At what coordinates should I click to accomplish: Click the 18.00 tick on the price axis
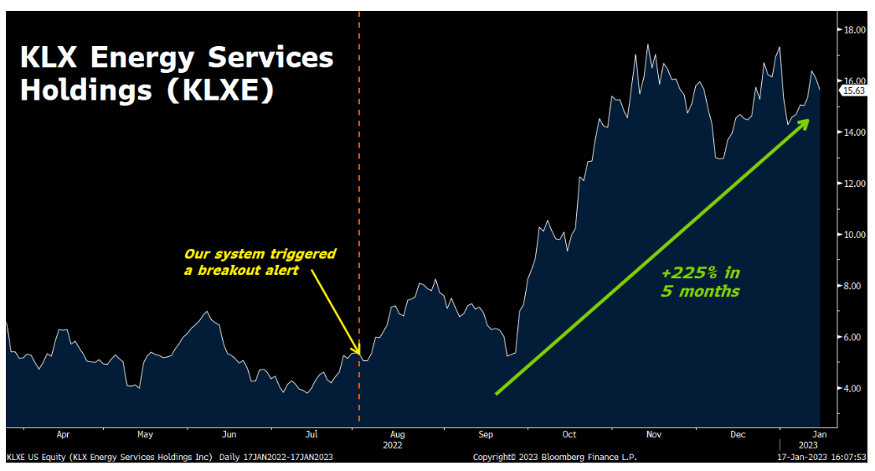(854, 30)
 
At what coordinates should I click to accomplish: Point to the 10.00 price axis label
(854, 235)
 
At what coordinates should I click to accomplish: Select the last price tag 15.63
(854, 91)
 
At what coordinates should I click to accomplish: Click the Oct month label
(569, 434)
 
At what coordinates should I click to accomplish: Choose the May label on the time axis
(145, 434)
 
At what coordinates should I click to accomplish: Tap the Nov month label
(654, 434)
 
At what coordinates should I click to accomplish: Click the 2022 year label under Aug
(393, 445)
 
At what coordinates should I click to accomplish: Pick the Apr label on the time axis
(63, 434)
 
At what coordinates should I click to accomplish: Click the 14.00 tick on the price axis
(854, 132)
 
